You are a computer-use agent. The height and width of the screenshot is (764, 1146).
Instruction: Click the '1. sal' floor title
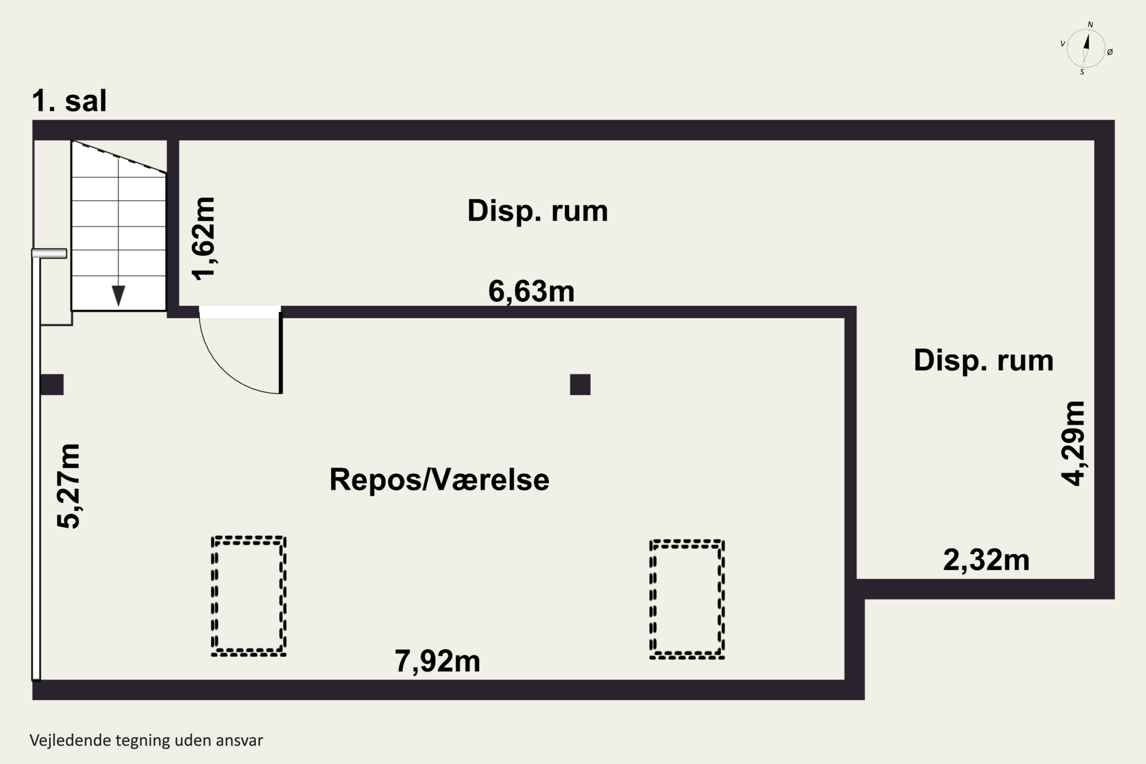coord(69,101)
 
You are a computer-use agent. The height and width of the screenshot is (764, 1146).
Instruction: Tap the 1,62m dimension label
coord(204,239)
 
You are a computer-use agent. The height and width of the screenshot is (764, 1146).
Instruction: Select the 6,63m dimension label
coord(531,292)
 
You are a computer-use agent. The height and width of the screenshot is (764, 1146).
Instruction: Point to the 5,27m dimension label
coord(68,486)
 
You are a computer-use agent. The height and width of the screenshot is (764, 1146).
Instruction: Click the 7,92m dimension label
coord(437,662)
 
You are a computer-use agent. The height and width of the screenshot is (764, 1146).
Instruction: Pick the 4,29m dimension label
coord(1073,444)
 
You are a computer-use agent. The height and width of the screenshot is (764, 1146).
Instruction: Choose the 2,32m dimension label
coord(986,560)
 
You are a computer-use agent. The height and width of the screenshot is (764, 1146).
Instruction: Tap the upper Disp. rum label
coord(537,211)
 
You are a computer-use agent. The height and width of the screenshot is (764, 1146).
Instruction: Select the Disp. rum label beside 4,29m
coord(983,361)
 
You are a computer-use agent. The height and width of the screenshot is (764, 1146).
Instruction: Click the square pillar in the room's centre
coord(580,384)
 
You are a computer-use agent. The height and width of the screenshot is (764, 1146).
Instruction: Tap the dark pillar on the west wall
coord(52,384)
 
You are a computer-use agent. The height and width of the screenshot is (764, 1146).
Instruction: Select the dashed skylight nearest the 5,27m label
coord(249,596)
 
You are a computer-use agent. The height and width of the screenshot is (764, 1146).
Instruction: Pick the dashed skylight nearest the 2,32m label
coord(687,599)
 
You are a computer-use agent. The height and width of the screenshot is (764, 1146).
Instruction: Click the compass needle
coord(1086,48)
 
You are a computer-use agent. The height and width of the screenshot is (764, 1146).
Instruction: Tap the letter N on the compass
coord(1091,24)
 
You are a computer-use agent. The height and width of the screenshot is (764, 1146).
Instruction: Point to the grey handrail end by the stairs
coord(49,253)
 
